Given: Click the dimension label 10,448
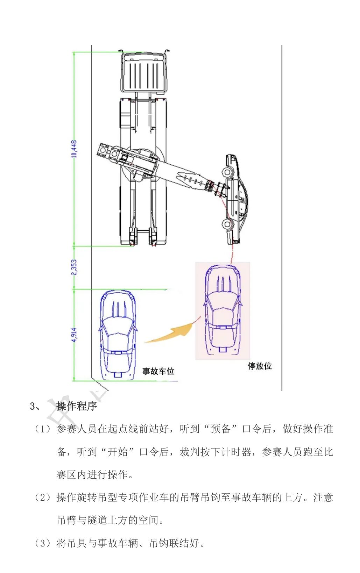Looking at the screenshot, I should pos(74,149).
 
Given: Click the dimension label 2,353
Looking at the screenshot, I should pos(74,267).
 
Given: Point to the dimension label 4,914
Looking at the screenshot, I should pos(74,335).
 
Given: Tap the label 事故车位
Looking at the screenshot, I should pos(158,371).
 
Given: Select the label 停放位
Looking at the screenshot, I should pos(260,366).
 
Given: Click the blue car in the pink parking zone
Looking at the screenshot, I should pos(223,309).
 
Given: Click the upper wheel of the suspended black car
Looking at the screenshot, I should pos(227,172).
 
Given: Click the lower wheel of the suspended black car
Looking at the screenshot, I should pos(228,224).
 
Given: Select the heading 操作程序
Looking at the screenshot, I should pos(77,406).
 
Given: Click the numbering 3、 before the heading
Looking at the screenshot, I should pos(35,406).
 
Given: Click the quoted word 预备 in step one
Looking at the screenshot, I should pos(220,429).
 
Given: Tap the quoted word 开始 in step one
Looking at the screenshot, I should pos(118,452).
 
